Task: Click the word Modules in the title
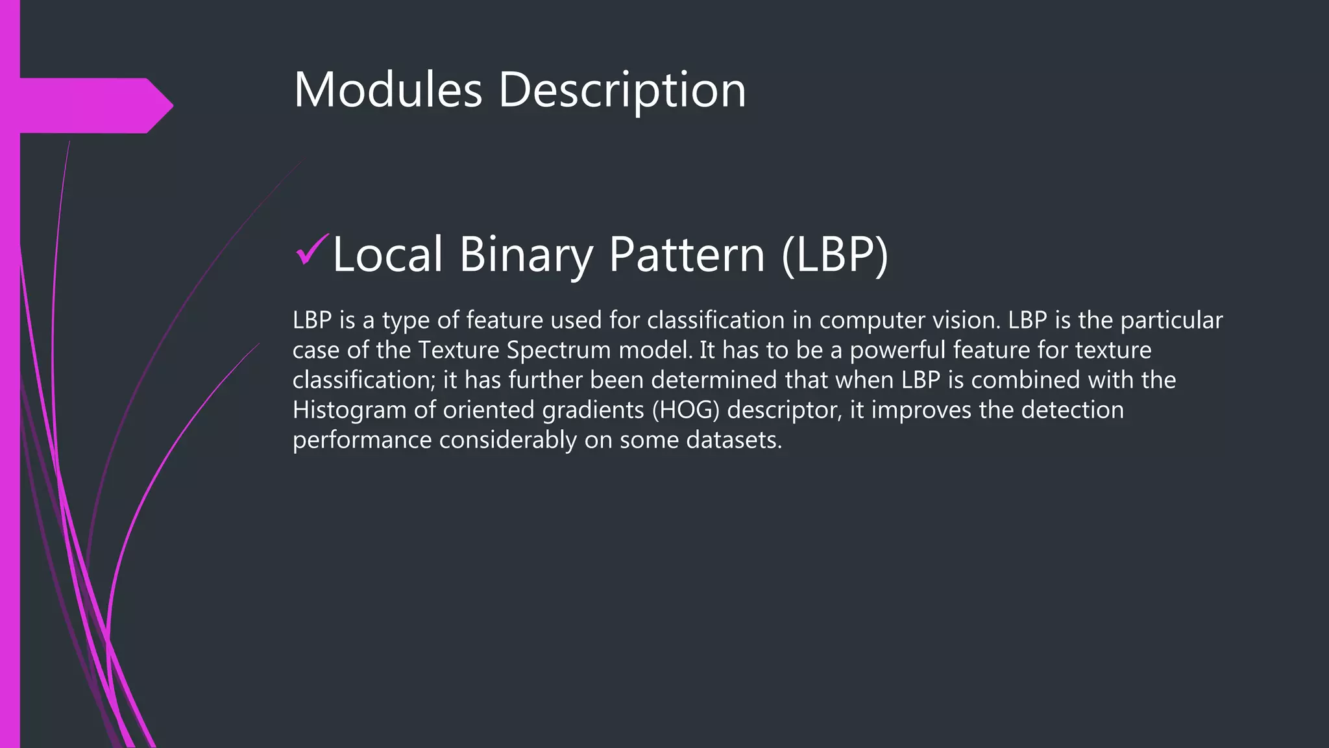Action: [388, 90]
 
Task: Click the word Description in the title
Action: [622, 90]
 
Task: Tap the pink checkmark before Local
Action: [311, 250]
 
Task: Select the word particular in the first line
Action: [1171, 320]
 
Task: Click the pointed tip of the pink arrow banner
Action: [171, 105]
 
